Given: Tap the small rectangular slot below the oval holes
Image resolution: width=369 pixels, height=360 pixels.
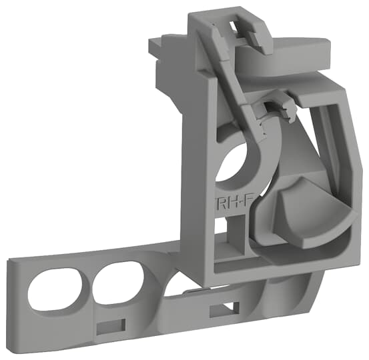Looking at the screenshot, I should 110,325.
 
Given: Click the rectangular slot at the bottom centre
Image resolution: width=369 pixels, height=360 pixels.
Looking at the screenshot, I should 224,311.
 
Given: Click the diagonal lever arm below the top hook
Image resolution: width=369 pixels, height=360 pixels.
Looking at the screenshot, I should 237,93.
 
